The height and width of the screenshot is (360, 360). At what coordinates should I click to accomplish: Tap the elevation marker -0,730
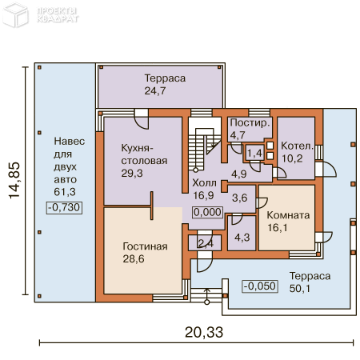click(65, 207)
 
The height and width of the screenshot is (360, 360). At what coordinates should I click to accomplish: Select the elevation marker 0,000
click(207, 212)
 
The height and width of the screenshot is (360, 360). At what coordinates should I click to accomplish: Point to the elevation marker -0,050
click(260, 286)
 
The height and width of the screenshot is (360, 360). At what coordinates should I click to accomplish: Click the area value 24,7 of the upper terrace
click(154, 91)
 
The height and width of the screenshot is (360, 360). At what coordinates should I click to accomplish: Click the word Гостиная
click(145, 246)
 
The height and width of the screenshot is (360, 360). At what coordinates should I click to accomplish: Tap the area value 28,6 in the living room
click(135, 259)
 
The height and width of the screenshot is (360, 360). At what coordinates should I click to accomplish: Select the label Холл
click(204, 181)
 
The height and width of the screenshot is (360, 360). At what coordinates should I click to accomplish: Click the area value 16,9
click(203, 194)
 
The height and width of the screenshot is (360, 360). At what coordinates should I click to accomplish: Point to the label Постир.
click(249, 123)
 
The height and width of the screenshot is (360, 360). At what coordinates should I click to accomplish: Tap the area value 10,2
click(292, 158)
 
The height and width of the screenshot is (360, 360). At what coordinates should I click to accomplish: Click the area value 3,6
click(238, 197)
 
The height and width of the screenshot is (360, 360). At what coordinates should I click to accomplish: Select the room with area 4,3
click(240, 236)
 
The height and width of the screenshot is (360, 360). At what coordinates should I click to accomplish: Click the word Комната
click(288, 214)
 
